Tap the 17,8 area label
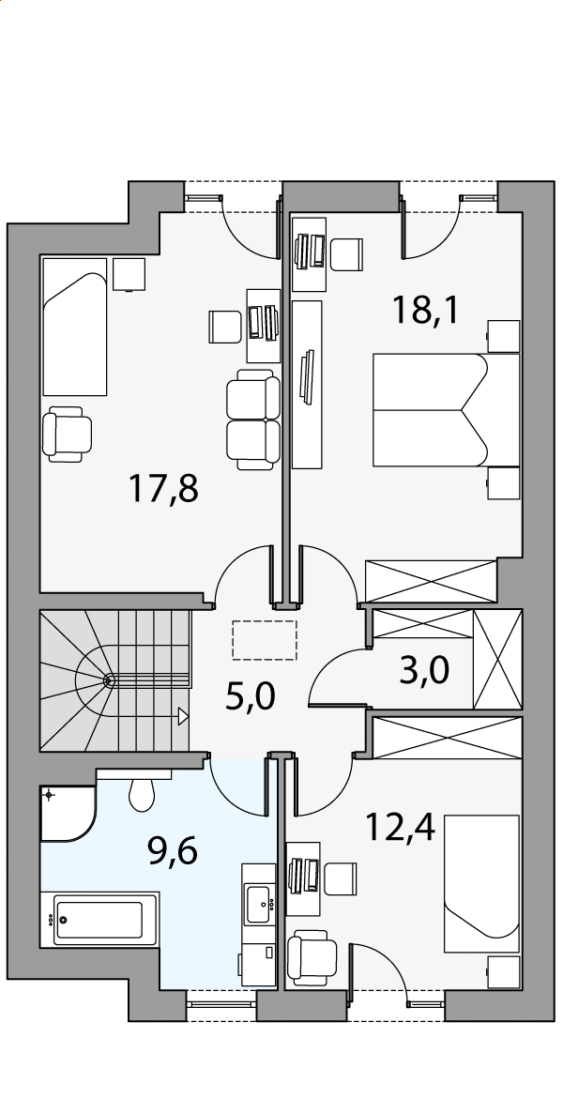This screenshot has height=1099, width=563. (x=164, y=489)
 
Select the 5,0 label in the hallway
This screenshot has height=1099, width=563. (x=251, y=696)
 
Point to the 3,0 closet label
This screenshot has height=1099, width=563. (x=423, y=671)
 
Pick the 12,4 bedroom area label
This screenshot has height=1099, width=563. (x=401, y=827)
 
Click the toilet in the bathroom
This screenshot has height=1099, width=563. (x=142, y=793)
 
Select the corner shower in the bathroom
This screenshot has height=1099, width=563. (x=68, y=813)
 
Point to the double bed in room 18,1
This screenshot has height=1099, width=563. (x=447, y=410)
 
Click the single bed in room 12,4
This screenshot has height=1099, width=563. (x=481, y=883)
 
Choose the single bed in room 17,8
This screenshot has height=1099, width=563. (x=74, y=327)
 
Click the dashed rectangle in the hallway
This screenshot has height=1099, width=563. (x=265, y=639)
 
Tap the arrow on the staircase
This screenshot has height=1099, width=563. (x=184, y=715)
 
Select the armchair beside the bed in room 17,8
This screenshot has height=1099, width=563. (x=68, y=435)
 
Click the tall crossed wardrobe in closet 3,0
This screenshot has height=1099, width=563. (x=498, y=659)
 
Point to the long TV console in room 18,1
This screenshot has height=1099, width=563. (x=307, y=384)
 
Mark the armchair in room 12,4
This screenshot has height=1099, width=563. (x=312, y=957)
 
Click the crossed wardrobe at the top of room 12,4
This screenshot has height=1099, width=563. (x=448, y=738)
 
